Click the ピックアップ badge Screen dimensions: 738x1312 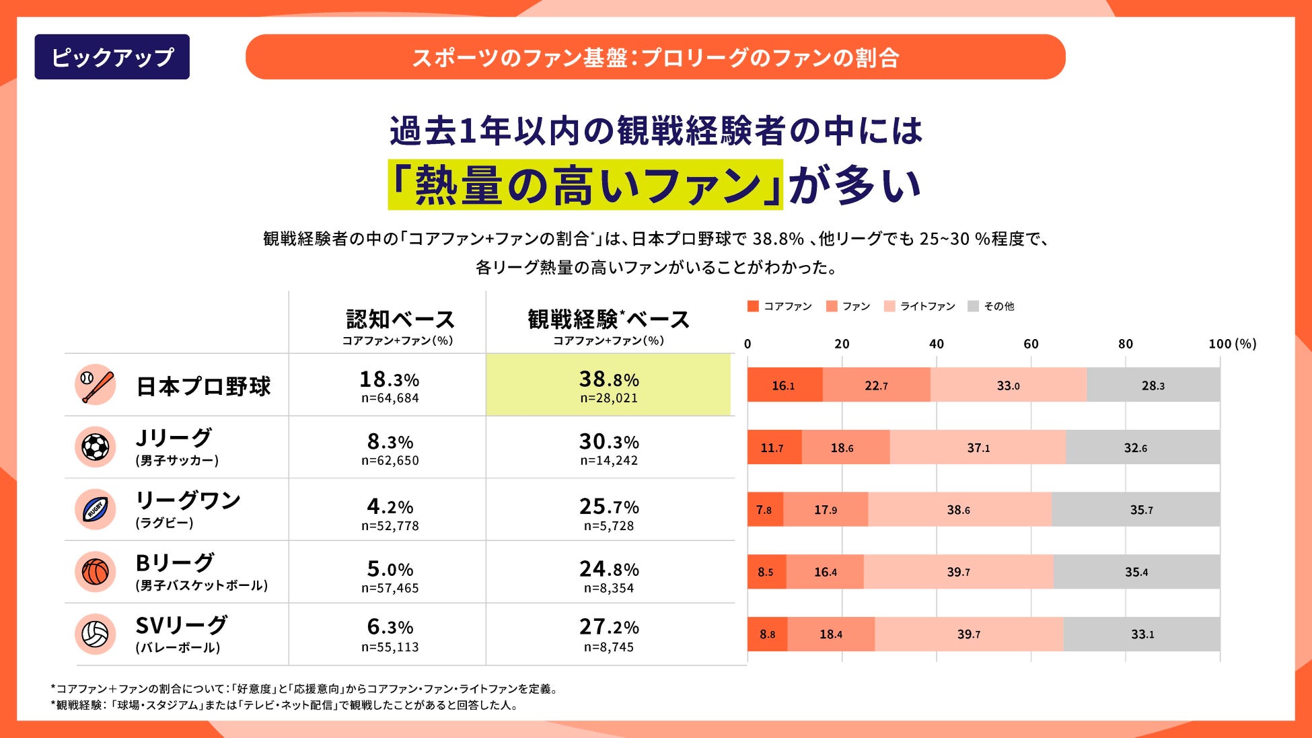point(112,57)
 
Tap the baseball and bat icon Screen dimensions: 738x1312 point(95,385)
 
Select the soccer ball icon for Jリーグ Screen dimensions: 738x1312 point(95,447)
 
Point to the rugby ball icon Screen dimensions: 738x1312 point(95,509)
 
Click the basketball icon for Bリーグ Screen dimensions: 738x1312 point(95,572)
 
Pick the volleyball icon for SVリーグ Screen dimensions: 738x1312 point(95,634)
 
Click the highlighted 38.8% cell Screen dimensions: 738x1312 point(608,385)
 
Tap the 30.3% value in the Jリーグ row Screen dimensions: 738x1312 point(609,442)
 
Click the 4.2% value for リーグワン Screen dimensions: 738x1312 point(390,506)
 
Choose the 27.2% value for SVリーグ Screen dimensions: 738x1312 point(609,627)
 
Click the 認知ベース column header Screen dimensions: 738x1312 point(400,320)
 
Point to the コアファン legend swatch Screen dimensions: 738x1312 point(753,306)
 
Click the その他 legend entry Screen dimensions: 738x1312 point(991,306)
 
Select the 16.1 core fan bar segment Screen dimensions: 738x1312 point(784,385)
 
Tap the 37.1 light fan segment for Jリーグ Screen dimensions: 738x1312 point(978,447)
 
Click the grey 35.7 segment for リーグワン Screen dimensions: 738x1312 point(1136,509)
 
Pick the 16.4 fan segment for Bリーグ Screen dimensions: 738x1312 point(825,572)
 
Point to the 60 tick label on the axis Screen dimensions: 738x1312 point(1031,344)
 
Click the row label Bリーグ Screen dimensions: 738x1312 point(175,562)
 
